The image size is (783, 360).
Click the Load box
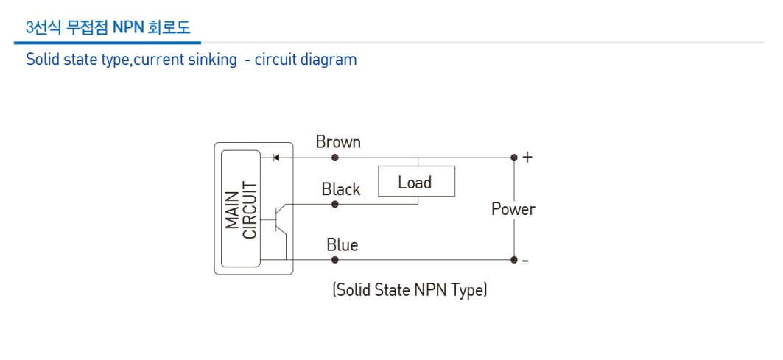click(416, 182)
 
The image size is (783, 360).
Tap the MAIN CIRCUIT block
click(241, 209)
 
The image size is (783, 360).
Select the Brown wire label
click(338, 141)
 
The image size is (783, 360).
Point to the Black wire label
click(340, 189)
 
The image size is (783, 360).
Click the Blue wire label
click(342, 244)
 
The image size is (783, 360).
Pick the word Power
click(513, 209)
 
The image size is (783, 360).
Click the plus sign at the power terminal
click(527, 158)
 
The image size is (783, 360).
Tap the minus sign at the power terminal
click(526, 261)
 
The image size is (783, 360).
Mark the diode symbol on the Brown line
click(275, 158)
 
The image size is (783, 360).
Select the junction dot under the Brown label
click(335, 158)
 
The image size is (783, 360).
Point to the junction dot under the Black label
click(335, 204)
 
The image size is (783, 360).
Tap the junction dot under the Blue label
click(335, 260)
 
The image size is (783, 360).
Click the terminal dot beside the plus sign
click(514, 158)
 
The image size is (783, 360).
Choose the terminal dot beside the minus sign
click(514, 260)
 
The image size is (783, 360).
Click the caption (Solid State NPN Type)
click(410, 290)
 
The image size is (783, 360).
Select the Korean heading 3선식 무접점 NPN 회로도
click(108, 28)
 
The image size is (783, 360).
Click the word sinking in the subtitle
click(211, 60)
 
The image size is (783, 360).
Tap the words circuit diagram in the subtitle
click(306, 60)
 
